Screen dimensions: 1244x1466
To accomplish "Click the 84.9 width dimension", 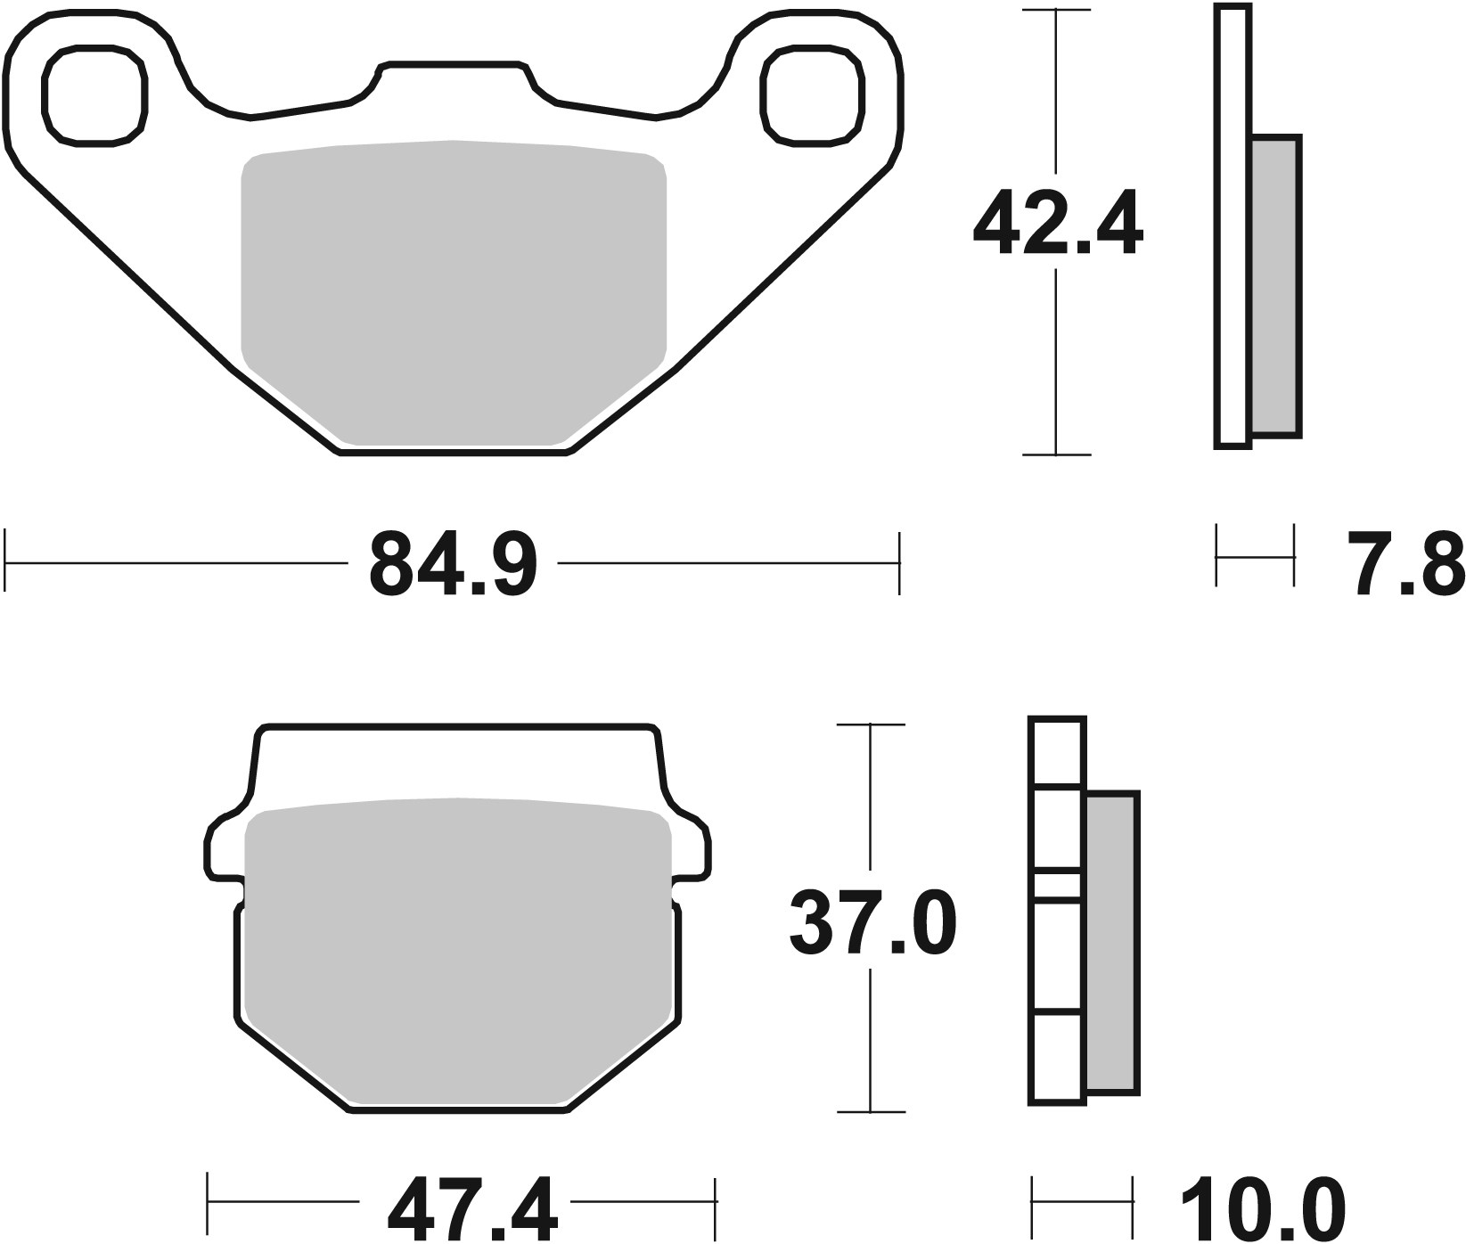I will tap(453, 563).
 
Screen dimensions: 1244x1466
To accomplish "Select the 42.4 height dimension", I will tap(1057, 223).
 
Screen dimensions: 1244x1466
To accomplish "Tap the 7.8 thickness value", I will tap(1405, 563).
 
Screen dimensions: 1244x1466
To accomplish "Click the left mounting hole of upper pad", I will tap(94, 96).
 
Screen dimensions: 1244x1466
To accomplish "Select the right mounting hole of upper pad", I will tap(813, 96).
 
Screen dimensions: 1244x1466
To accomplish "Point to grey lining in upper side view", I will tap(1275, 285).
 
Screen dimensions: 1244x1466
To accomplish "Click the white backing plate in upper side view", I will tap(1232, 223).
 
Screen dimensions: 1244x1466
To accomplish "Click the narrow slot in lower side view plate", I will tap(1057, 885).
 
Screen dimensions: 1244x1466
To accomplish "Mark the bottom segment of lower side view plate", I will tap(1057, 1058).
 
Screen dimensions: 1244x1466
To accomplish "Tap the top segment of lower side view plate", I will tap(1057, 751).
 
